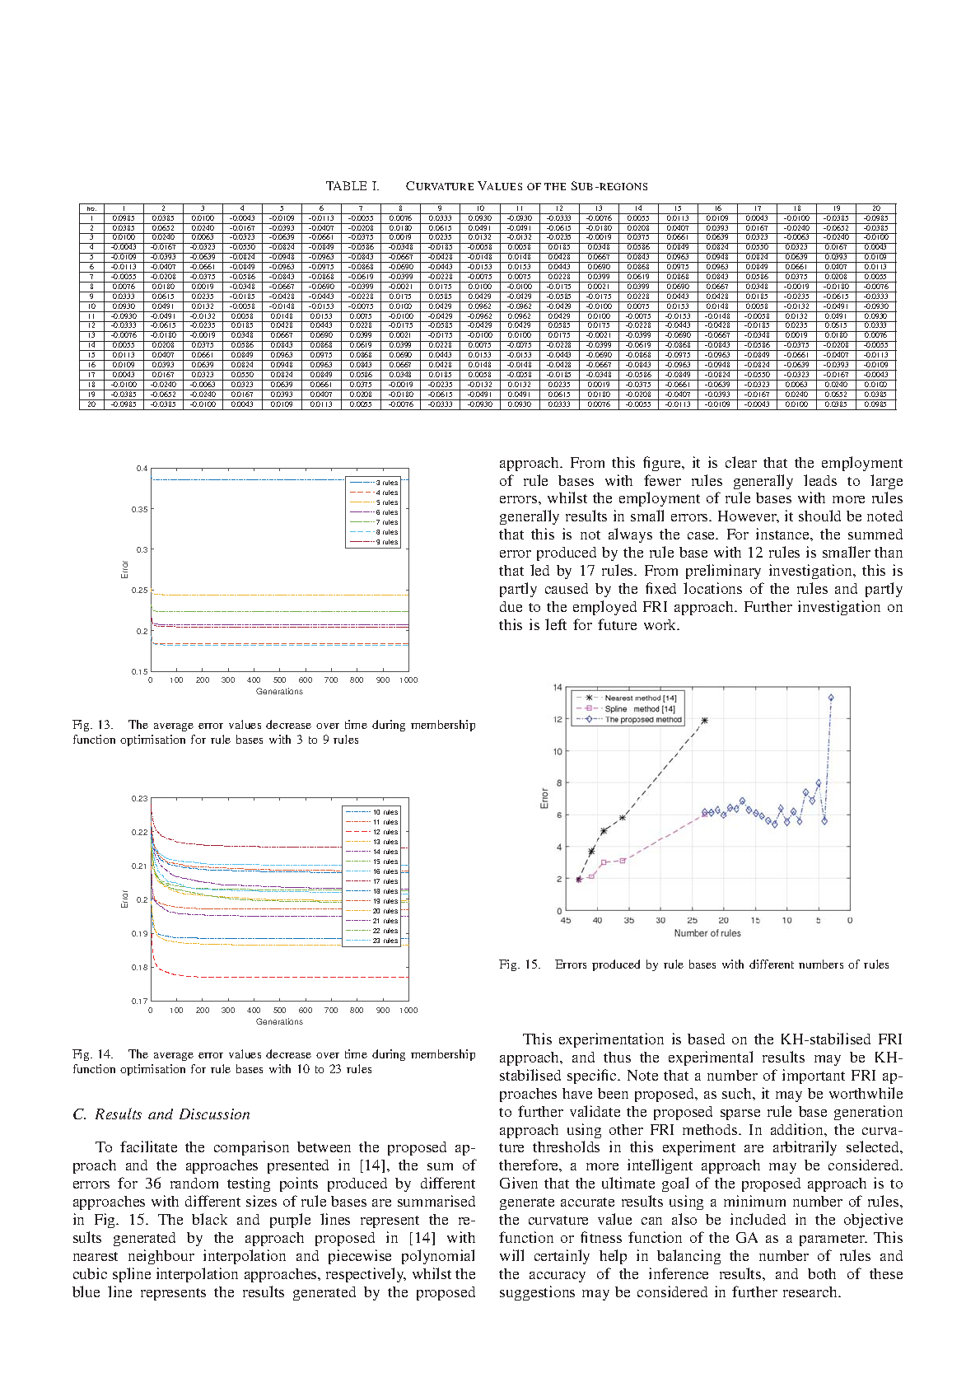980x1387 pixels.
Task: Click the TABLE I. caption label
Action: coord(352,186)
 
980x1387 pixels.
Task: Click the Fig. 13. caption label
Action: coord(92,726)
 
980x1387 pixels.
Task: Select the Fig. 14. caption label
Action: coord(92,1054)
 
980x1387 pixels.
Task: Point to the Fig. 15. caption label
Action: coord(520,964)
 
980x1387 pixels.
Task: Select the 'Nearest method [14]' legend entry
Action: coord(640,698)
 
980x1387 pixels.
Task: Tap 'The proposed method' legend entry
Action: coord(643,719)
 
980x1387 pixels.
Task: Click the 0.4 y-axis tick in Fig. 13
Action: coord(142,469)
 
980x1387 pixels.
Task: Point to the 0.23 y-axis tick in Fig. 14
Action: coord(140,799)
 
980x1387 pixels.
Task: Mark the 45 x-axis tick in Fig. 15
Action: coord(566,920)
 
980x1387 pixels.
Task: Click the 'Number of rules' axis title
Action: coord(707,933)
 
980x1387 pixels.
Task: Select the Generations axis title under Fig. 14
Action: coord(279,1021)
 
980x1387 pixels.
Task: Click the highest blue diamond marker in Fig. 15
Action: coord(831,698)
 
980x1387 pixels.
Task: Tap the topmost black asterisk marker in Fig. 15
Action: coord(704,721)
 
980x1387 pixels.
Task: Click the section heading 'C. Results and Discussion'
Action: coord(161,1114)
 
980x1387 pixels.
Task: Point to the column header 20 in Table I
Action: coord(875,208)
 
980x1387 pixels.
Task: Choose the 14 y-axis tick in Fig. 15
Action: coord(558,688)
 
